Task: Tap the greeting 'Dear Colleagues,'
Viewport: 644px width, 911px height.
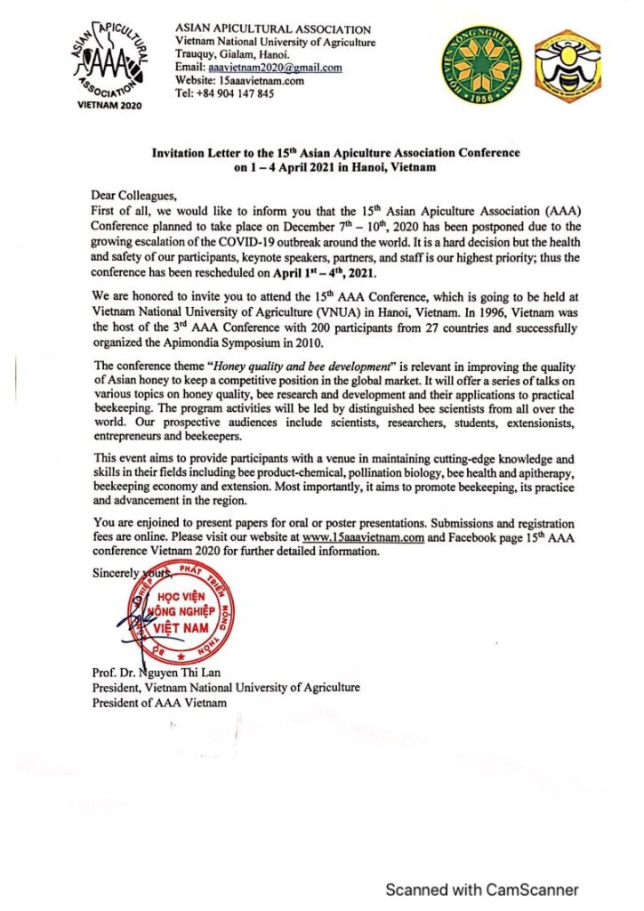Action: pos(134,193)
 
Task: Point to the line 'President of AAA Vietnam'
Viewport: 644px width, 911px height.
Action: pos(158,702)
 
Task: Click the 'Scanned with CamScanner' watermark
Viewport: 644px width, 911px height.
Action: pos(481,889)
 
